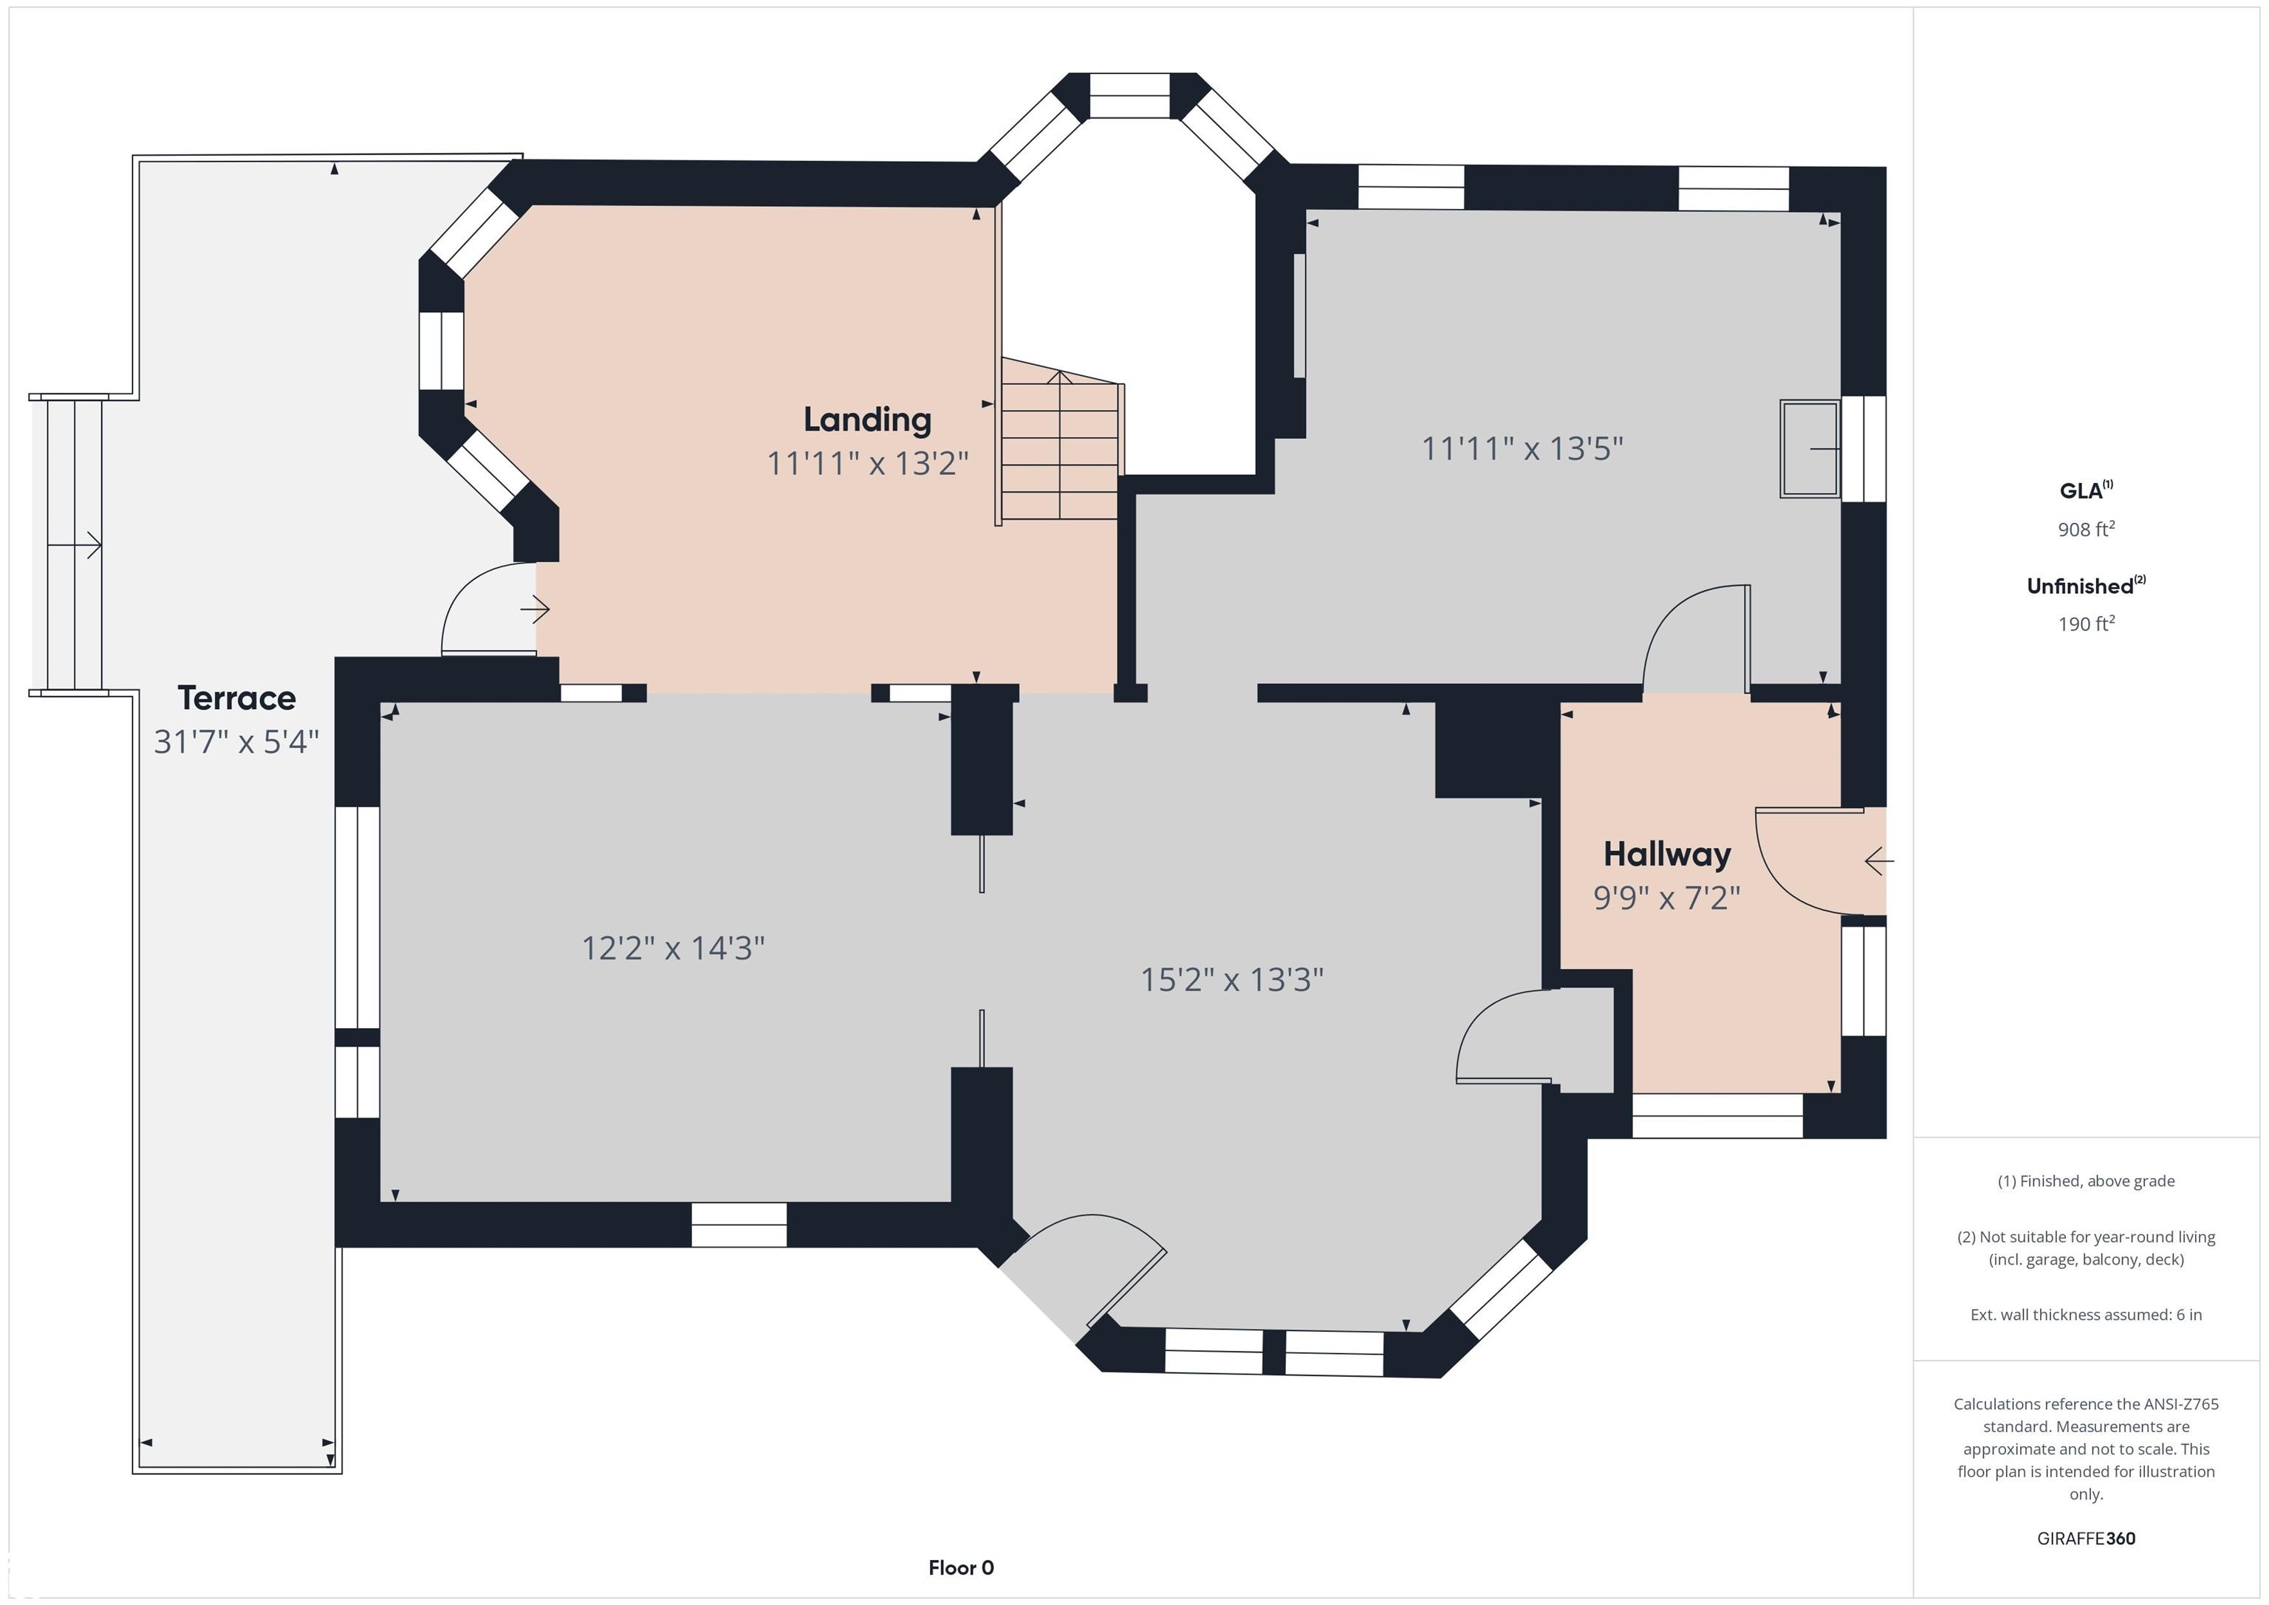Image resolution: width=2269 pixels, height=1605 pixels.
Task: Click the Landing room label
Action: pyautogui.click(x=866, y=420)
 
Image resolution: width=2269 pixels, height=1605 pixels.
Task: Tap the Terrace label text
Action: pyautogui.click(x=236, y=698)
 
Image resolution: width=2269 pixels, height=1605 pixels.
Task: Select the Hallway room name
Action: pyautogui.click(x=1667, y=854)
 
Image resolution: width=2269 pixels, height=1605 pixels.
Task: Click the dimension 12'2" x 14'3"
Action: pyautogui.click(x=673, y=948)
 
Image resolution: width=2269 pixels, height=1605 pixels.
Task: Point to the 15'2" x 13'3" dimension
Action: pyautogui.click(x=1232, y=979)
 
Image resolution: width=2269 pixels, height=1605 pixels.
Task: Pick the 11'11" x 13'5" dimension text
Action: pyautogui.click(x=1522, y=448)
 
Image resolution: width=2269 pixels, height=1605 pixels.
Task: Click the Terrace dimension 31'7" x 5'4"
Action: pyautogui.click(x=236, y=742)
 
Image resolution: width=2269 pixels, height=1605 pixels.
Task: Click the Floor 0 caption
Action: pyautogui.click(x=961, y=1567)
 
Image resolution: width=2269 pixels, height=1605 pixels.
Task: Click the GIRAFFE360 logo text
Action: pyautogui.click(x=2086, y=1538)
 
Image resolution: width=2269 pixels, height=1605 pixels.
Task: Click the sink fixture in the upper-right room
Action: pyautogui.click(x=1810, y=448)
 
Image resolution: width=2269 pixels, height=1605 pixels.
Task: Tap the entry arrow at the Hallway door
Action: pyautogui.click(x=1878, y=862)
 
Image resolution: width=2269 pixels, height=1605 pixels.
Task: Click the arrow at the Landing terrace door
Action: pyautogui.click(x=535, y=611)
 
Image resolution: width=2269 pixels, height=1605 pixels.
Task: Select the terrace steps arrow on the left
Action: pyautogui.click(x=74, y=544)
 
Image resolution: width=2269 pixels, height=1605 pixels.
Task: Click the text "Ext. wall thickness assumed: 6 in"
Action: pyautogui.click(x=2086, y=1315)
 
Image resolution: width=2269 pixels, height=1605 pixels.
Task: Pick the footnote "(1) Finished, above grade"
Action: pyautogui.click(x=2086, y=1181)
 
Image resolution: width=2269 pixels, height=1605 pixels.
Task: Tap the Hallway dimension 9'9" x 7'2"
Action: pyautogui.click(x=1667, y=897)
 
